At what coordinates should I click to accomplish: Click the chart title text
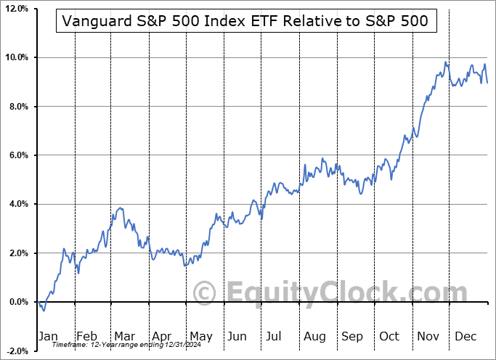(x=246, y=22)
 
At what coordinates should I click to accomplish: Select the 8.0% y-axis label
(x=17, y=107)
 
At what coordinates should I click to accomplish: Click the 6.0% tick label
(x=17, y=155)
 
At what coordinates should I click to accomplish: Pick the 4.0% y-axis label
(x=17, y=204)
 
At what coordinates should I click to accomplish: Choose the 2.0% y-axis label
(x=17, y=253)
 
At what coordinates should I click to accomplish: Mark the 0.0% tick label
(x=17, y=302)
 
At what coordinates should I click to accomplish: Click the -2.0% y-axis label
(x=15, y=351)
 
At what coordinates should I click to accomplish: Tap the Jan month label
(x=48, y=336)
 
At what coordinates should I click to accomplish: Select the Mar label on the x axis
(x=123, y=336)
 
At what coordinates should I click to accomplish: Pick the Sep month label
(x=351, y=336)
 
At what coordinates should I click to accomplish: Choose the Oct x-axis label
(x=389, y=336)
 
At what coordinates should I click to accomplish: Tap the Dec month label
(x=465, y=336)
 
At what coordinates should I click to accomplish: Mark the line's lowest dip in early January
(x=44, y=311)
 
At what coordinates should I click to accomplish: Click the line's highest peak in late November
(x=445, y=62)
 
